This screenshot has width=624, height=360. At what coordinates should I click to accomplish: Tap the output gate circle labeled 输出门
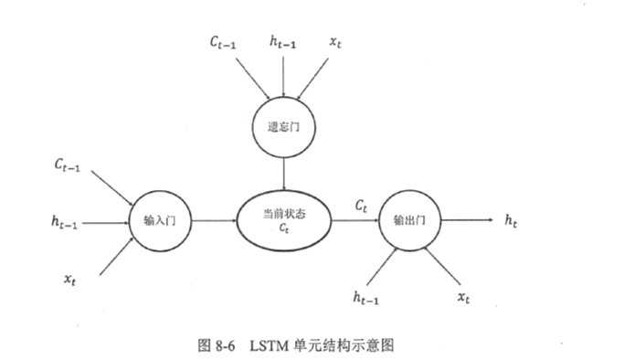(408, 220)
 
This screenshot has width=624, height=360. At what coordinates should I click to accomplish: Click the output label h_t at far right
(513, 220)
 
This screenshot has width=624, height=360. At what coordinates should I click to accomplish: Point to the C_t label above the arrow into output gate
(362, 206)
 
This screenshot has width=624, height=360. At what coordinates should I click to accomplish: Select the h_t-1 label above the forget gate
(285, 42)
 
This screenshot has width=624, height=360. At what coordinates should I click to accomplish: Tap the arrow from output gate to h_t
(466, 220)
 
